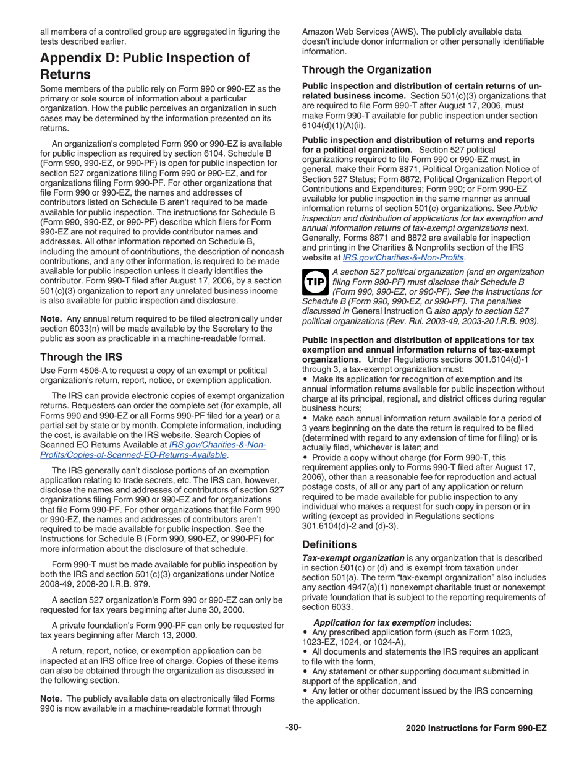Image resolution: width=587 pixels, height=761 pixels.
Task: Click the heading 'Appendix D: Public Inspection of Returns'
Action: (145, 66)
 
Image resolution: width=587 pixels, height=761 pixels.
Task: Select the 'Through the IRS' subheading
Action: (81, 357)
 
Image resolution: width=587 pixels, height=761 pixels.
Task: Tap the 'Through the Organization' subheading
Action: (366, 70)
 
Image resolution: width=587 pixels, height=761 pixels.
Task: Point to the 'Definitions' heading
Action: (329, 544)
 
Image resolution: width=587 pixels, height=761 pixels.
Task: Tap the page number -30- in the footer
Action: (293, 728)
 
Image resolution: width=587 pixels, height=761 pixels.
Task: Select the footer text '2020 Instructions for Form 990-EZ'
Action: (476, 728)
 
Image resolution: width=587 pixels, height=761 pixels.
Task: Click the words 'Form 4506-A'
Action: (80, 370)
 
